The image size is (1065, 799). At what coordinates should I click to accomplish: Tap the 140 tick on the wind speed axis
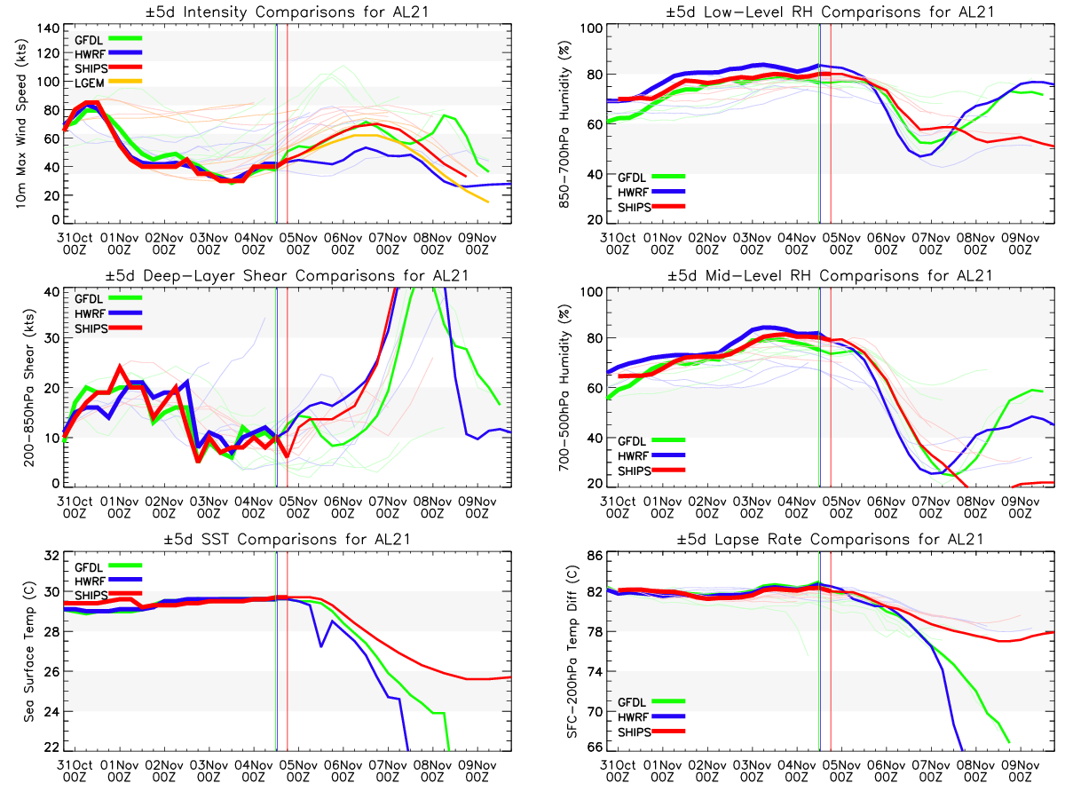[x=45, y=28]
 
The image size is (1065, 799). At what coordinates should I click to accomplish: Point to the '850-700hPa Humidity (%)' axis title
[x=561, y=124]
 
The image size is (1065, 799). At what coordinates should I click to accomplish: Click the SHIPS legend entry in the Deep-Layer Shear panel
[x=91, y=328]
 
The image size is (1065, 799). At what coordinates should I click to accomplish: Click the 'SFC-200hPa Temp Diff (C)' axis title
[x=561, y=653]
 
